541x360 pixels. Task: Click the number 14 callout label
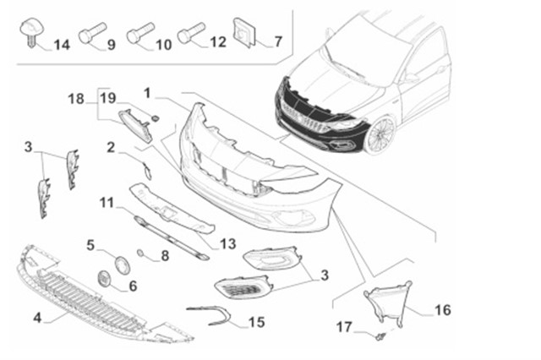[63, 43]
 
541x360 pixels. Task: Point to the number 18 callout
[76, 99]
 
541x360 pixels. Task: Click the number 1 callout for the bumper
[148, 91]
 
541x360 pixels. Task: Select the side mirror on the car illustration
[412, 78]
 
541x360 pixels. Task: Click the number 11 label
[106, 202]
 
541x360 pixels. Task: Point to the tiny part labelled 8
[141, 254]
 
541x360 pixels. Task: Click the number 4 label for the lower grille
[38, 318]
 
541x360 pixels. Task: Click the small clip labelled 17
[380, 337]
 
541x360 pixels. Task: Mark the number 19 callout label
[107, 98]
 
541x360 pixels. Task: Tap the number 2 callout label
[111, 147]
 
